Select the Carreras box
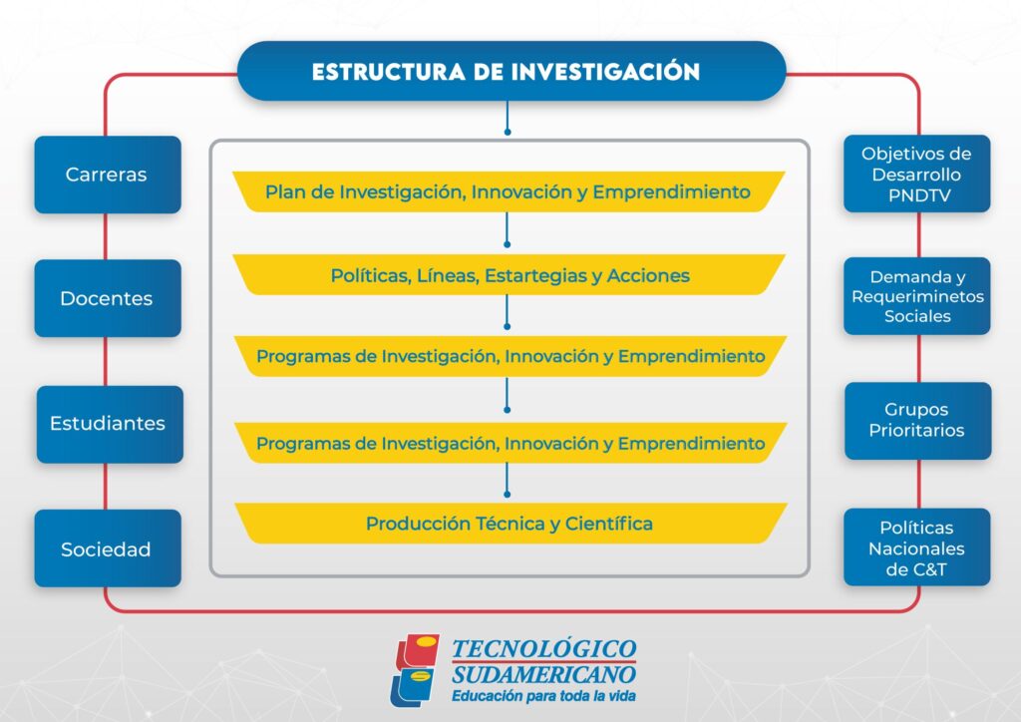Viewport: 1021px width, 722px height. (108, 175)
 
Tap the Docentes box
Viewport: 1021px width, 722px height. (108, 298)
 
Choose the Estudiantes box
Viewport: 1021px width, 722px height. (110, 424)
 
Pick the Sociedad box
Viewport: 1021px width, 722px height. (108, 548)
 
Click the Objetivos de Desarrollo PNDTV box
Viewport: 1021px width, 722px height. (917, 174)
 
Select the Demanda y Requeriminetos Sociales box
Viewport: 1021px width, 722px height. (917, 296)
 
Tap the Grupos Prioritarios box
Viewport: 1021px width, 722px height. (918, 421)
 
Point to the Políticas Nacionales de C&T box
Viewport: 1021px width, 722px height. (917, 547)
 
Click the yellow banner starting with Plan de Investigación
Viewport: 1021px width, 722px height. (509, 191)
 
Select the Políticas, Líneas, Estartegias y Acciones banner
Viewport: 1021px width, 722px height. (509, 274)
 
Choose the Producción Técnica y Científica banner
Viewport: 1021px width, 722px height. (510, 524)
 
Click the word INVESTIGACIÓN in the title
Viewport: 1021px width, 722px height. (605, 71)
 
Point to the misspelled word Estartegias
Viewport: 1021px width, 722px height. (535, 275)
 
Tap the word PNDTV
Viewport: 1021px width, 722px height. (919, 195)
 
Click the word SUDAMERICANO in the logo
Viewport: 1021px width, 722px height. (543, 674)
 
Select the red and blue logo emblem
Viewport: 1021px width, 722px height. (415, 670)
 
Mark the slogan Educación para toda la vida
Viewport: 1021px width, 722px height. (543, 696)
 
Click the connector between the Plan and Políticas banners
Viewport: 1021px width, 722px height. (508, 229)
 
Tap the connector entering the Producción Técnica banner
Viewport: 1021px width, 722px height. (508, 480)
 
